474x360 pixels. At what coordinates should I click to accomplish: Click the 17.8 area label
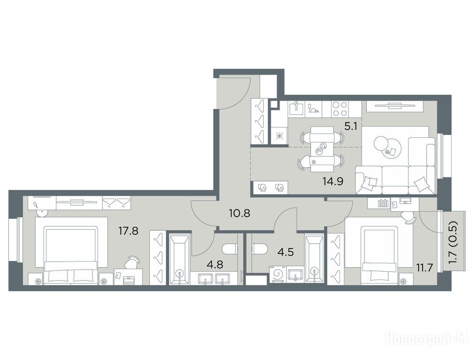128,231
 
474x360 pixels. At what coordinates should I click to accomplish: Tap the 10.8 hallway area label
239,214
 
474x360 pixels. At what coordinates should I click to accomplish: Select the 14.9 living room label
333,181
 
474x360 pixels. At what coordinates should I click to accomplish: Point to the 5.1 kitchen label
351,126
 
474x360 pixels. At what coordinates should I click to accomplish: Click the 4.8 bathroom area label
215,265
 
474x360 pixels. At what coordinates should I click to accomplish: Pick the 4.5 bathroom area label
286,252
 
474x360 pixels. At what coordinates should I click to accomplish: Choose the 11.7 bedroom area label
424,268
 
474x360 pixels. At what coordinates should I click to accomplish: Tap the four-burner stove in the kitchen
340,109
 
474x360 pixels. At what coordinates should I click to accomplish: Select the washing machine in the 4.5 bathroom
277,275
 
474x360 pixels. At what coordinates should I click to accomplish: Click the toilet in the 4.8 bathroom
230,249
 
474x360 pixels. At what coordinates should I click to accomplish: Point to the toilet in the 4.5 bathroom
259,249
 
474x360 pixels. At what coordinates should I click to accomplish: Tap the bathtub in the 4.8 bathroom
179,259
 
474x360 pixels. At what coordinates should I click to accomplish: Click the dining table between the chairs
322,149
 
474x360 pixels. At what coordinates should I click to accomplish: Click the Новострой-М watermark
427,338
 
